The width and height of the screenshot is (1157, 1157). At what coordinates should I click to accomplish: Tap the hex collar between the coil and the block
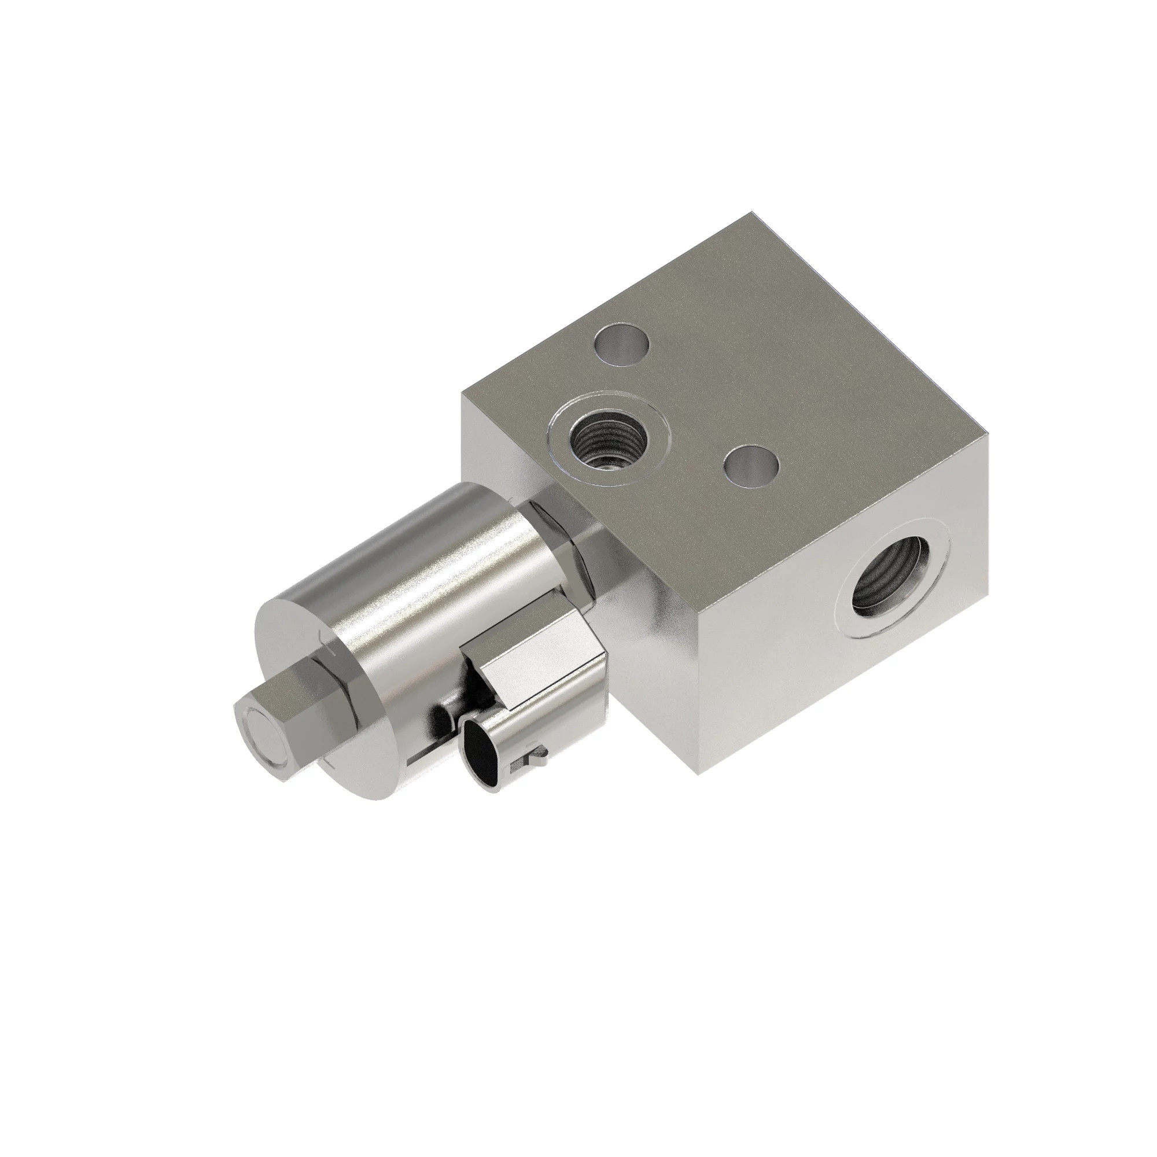pyautogui.click(x=554, y=527)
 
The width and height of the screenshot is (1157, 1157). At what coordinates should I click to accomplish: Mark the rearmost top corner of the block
pyautogui.click(x=751, y=212)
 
